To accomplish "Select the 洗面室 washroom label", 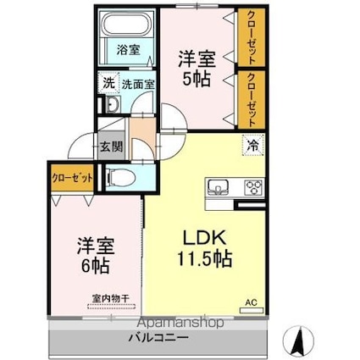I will [137, 85].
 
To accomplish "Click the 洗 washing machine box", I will [108, 84].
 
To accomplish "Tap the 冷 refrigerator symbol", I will [253, 145].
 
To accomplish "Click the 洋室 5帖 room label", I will [197, 68].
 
